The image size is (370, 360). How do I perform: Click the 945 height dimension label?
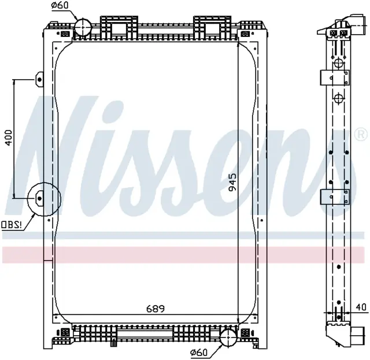click(x=232, y=182)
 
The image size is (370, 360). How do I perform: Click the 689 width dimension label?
click(x=156, y=309)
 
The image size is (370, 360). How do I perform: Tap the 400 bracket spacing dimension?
click(x=9, y=138)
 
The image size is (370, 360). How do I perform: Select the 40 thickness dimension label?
click(x=361, y=307)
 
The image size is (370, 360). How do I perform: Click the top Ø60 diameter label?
click(x=60, y=5)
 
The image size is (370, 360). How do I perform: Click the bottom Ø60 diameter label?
click(x=198, y=352)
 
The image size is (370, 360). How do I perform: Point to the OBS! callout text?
click(x=12, y=225)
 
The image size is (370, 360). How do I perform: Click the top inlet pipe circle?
click(x=83, y=27)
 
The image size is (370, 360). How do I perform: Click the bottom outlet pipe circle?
click(x=228, y=338)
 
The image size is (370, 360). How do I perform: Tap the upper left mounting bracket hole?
click(x=39, y=80)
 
